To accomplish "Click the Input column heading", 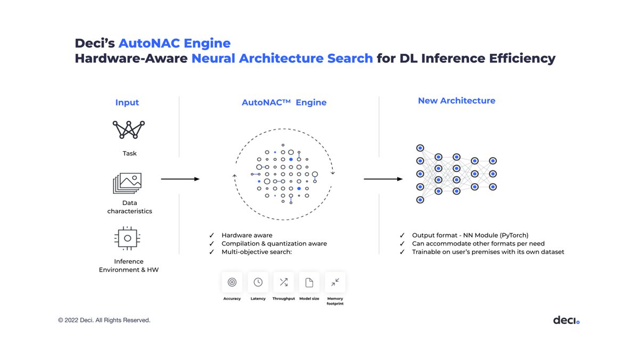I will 127,102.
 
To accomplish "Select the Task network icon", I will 129,129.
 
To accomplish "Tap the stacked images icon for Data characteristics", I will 127,183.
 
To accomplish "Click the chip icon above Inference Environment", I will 128,239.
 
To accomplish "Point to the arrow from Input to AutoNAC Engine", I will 180,179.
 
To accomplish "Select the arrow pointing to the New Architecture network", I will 383,179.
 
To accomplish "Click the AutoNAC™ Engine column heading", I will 284,102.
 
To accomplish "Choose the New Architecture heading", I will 456,101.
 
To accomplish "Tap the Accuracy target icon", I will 232,282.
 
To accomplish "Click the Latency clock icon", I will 258,282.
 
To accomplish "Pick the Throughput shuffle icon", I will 283,282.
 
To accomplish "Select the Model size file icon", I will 309,282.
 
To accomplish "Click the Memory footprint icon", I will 335,282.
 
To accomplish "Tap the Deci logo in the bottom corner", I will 566,320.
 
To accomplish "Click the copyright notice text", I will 104,320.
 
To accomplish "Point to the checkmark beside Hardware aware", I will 212,235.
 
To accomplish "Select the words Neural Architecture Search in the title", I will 282,58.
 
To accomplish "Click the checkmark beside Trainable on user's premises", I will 402,252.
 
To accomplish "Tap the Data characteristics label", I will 129,207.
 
